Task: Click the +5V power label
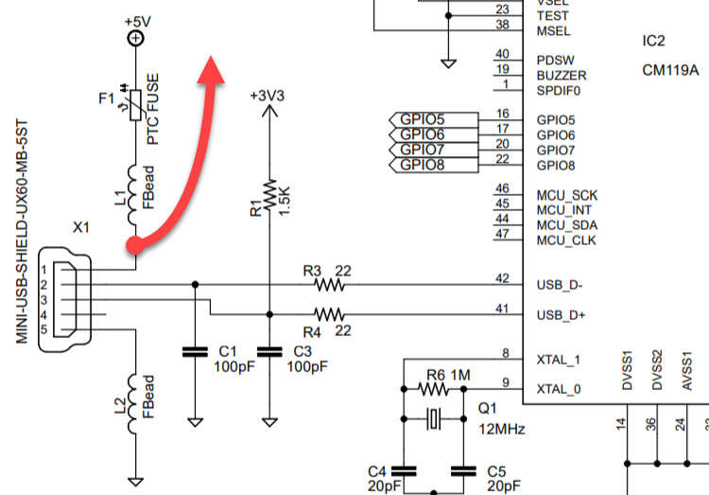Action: [x=136, y=21]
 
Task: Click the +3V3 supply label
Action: [x=269, y=97]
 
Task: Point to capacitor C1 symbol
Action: [x=195, y=352]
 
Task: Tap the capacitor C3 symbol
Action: [x=269, y=352]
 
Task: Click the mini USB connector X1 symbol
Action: [x=66, y=299]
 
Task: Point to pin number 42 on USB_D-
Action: [x=502, y=278]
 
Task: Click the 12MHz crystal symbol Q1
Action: [x=434, y=418]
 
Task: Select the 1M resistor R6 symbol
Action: [x=433, y=389]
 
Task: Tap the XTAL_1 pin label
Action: [x=559, y=360]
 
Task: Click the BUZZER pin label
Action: [x=562, y=75]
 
